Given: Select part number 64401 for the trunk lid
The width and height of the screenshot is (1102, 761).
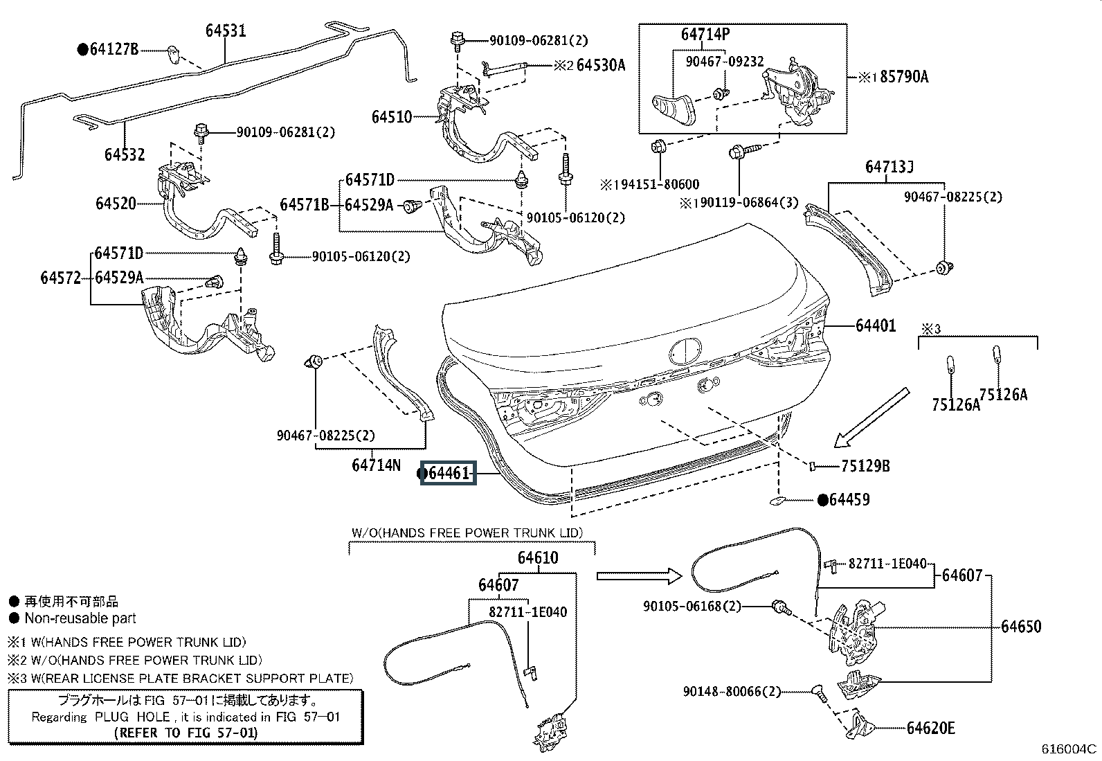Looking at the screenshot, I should (x=875, y=325).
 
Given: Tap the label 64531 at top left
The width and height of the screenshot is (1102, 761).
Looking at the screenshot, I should (x=226, y=31).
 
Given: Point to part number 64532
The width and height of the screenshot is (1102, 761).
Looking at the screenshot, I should (x=125, y=154).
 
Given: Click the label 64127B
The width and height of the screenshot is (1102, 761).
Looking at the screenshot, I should (x=114, y=49).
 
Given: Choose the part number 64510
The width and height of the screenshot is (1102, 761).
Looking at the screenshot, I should (x=391, y=117).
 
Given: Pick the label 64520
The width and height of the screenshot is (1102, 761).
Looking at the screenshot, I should (x=116, y=204).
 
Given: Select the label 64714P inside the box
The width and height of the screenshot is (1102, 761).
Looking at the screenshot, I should (x=705, y=35).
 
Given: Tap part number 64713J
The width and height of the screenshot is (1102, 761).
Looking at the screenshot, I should (x=889, y=168).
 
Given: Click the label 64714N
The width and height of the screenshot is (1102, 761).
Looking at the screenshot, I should (x=376, y=465).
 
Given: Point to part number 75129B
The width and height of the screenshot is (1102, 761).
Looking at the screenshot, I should (x=865, y=466).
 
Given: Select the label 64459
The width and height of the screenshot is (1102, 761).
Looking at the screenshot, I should (x=849, y=499).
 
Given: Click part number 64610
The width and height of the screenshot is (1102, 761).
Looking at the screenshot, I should (x=537, y=557).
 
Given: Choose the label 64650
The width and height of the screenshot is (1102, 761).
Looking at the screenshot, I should (x=1021, y=627).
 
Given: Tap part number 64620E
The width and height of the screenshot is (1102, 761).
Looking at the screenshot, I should (x=930, y=728).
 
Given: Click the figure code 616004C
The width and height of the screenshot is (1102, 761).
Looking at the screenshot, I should (x=1069, y=749).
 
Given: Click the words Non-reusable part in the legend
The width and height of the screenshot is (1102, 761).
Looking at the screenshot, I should (x=80, y=618).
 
